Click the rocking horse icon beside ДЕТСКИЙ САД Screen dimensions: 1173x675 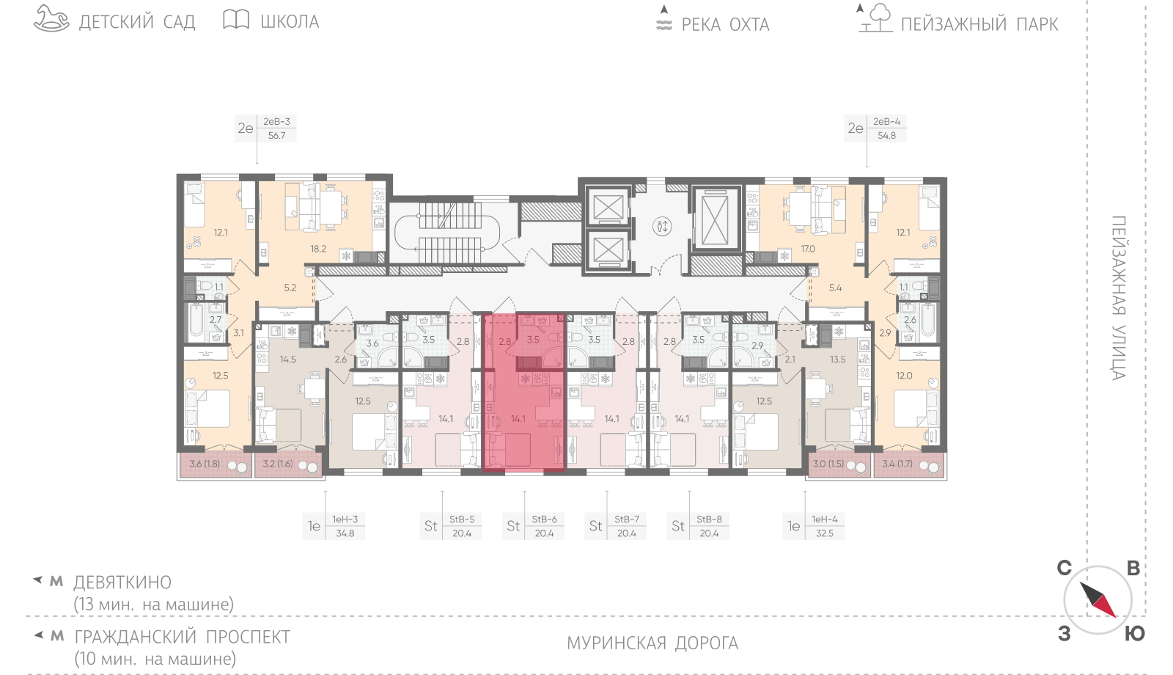coord(51,18)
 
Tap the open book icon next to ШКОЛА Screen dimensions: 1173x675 coord(236,19)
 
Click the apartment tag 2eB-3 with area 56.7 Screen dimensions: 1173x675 coord(266,128)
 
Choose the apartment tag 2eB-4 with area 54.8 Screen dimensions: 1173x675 coord(875,128)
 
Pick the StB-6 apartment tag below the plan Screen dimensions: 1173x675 coord(534,526)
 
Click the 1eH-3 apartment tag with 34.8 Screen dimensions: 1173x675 coord(334,526)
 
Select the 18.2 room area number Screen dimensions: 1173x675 coord(318,249)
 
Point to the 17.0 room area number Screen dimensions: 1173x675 coord(807,249)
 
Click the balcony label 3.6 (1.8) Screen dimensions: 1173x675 coord(205,464)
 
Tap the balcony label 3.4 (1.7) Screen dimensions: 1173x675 coord(897,464)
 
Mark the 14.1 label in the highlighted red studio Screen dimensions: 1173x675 coord(518,419)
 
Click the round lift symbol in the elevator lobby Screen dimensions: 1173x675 coord(662,227)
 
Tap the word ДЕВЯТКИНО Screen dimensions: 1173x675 coord(122,583)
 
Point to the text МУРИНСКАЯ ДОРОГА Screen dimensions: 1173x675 coord(652,643)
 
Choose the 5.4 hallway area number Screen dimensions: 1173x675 coord(835,288)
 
